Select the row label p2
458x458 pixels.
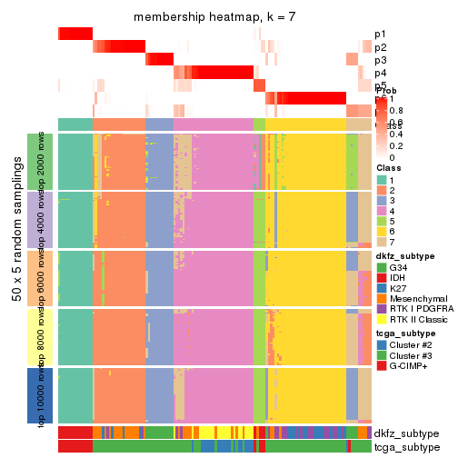(380, 47)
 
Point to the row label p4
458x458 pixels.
(380, 73)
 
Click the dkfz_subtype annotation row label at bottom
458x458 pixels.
(406, 433)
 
